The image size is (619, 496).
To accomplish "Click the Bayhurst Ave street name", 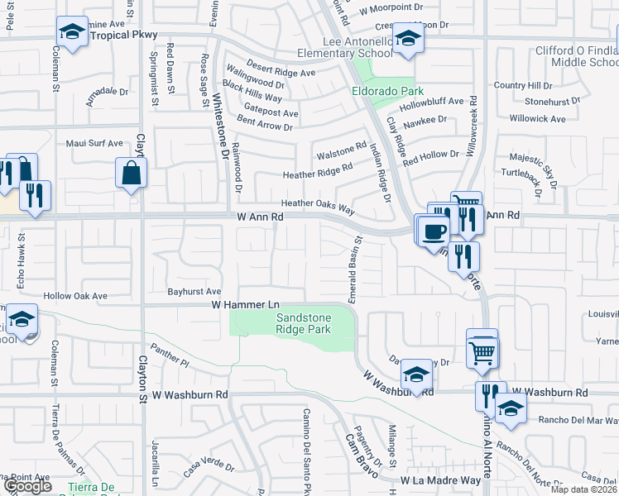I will tap(194, 292).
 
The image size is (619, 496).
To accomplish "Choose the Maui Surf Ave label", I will tap(94, 144).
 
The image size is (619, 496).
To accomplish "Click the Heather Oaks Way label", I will tap(318, 203).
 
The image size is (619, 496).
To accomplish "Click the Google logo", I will tap(27, 486).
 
